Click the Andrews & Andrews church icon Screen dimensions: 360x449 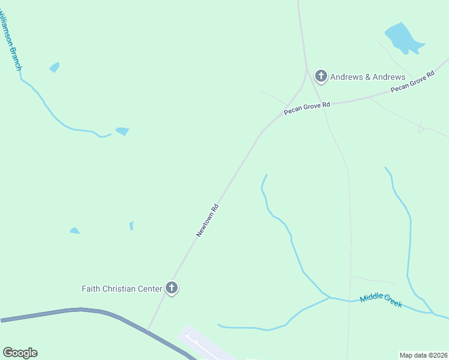321,76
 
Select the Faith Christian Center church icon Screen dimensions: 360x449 172,289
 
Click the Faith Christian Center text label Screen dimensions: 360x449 122,289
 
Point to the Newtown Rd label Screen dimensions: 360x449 208,220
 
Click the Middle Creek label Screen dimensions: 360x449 381,301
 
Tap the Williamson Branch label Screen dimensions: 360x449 11,36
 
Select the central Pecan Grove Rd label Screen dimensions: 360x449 307,109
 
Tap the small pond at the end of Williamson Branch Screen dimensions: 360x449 122,131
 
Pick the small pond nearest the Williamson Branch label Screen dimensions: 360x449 54,67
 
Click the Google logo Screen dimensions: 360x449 20,353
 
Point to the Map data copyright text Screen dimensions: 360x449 423,355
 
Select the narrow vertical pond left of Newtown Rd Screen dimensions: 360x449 131,226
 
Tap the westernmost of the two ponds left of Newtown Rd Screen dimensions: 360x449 74,230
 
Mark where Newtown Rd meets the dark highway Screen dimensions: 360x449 148,329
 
